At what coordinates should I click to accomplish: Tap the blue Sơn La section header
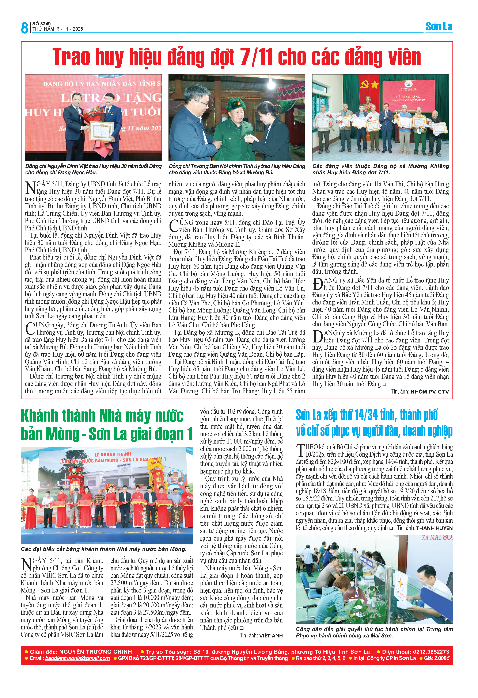(439, 27)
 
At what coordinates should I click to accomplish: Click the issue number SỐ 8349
(41, 23)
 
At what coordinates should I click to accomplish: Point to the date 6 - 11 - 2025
(69, 29)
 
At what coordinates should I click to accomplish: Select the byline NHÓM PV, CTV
(430, 392)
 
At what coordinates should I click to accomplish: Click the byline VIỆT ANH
(271, 636)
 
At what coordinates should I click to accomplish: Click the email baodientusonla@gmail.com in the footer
(77, 658)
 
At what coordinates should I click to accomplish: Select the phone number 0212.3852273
(431, 651)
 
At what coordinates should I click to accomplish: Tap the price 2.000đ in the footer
(441, 658)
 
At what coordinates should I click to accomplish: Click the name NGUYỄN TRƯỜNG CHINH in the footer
(96, 651)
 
